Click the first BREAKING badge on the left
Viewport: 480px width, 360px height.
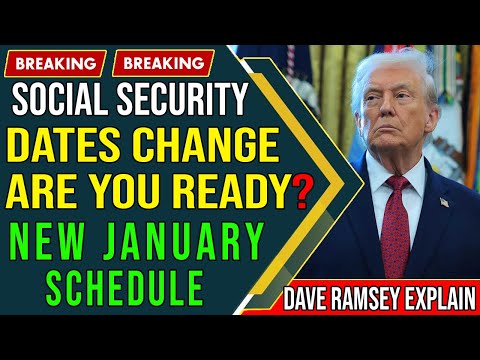[56, 63]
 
